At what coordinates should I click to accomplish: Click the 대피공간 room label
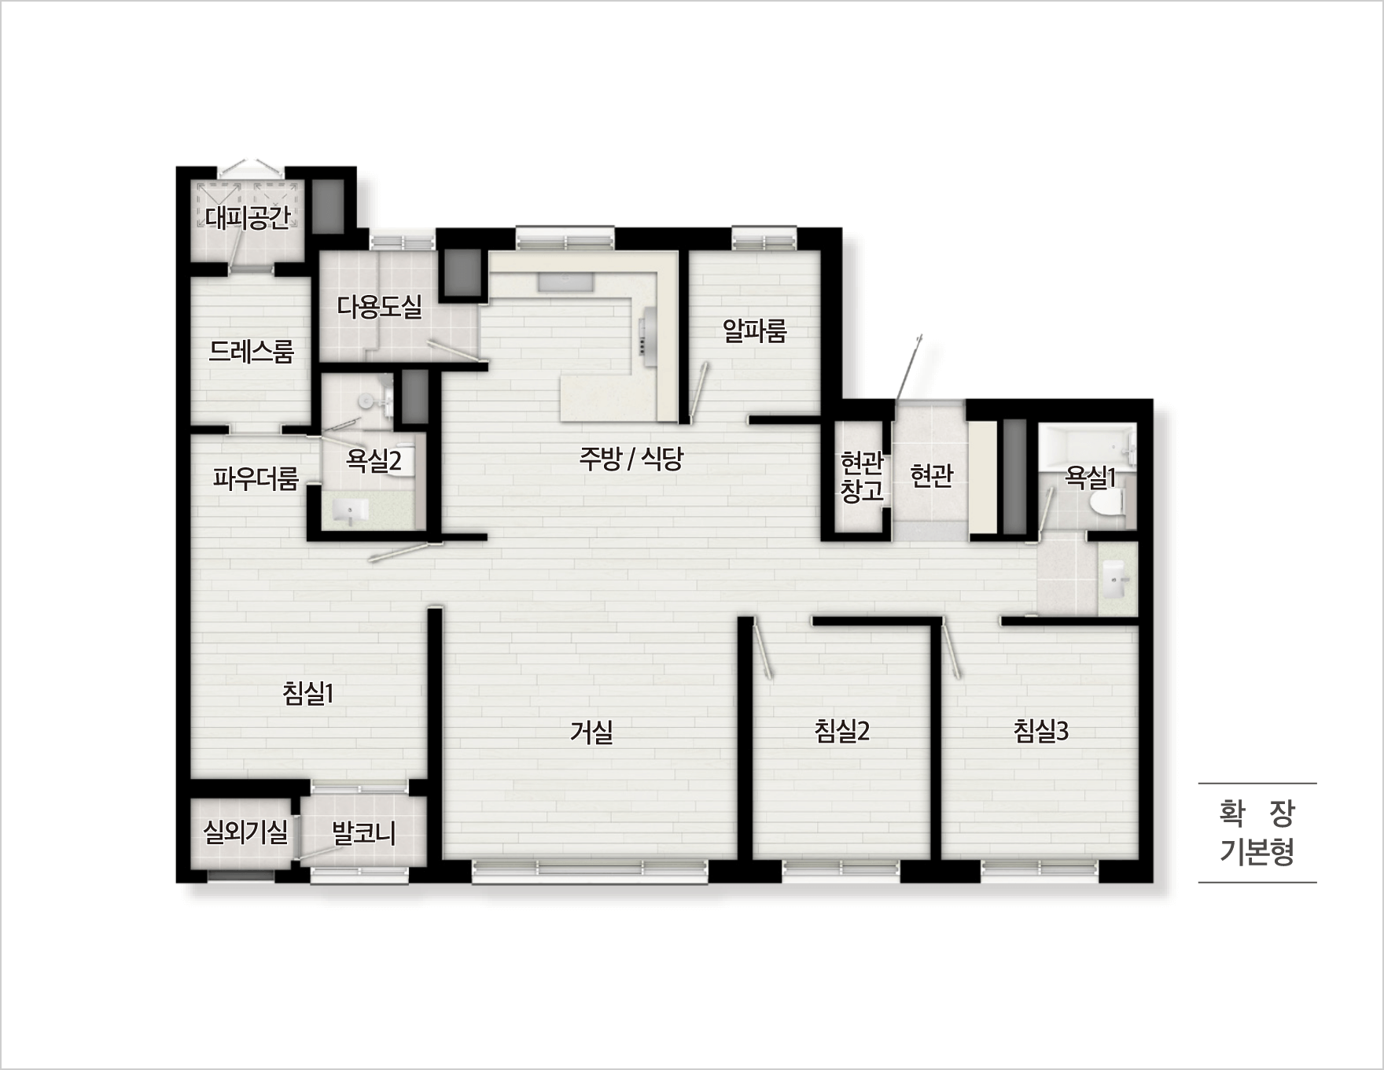pos(248,217)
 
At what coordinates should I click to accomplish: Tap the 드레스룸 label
pos(251,351)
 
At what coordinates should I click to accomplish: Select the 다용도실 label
pos(379,306)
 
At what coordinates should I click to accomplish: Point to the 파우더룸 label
pos(256,478)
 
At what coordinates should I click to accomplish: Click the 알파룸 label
pos(755,330)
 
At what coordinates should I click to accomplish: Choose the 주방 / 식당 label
pos(631,459)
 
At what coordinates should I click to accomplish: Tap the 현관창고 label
pos(862,477)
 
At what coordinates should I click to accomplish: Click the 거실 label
pos(591,732)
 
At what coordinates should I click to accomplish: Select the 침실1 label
pos(308,693)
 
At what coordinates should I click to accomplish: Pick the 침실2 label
pos(841,731)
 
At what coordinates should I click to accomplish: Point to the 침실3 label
pos(1040,731)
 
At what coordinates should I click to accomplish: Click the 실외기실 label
pos(245,832)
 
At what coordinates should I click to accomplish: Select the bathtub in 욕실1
pos(1086,448)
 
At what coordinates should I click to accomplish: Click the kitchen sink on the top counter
pos(565,282)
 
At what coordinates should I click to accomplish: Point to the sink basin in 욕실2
pos(349,512)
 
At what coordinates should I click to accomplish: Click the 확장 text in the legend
pos(1257,814)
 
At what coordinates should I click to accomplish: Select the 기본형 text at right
pos(1257,852)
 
